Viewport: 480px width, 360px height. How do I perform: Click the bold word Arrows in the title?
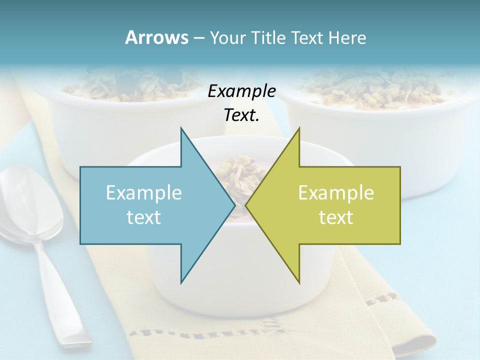click(156, 37)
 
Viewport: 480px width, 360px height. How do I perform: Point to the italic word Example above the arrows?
click(241, 91)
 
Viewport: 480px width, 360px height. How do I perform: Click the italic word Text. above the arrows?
click(241, 115)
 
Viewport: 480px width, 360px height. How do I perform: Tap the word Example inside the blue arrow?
click(144, 192)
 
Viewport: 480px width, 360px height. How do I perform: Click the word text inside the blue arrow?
click(144, 217)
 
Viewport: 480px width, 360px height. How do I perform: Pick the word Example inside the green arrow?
click(336, 192)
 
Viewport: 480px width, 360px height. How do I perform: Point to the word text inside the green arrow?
click(336, 217)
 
